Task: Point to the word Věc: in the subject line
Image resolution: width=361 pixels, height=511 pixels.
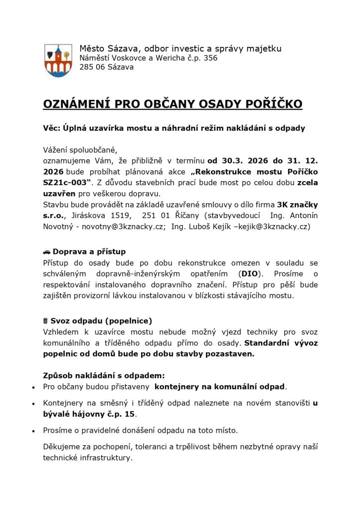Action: pyautogui.click(x=52, y=128)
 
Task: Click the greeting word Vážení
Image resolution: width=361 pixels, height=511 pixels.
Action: pyautogui.click(x=57, y=150)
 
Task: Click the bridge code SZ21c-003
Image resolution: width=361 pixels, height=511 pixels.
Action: pyautogui.click(x=64, y=183)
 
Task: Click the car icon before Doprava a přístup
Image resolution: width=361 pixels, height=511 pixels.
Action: pyautogui.click(x=47, y=252)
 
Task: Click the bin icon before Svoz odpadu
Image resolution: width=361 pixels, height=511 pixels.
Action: pyautogui.click(x=46, y=320)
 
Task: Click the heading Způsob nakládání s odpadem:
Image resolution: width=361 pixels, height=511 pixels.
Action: pyautogui.click(x=104, y=376)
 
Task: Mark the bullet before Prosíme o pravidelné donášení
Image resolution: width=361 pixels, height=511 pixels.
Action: pyautogui.click(x=33, y=430)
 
